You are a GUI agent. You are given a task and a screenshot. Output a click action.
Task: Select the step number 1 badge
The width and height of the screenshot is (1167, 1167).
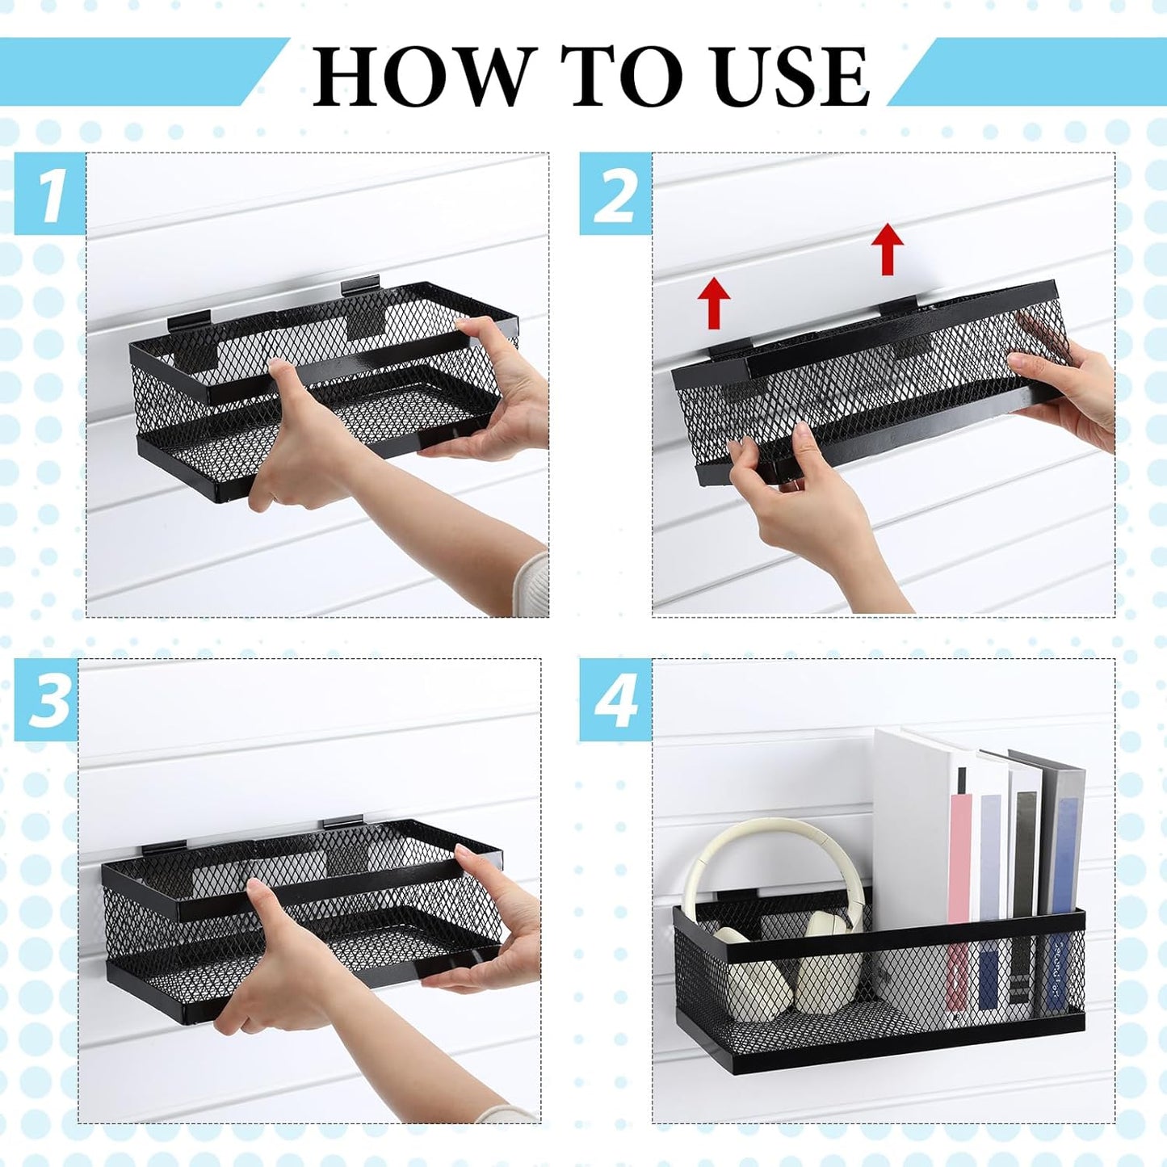point(49,194)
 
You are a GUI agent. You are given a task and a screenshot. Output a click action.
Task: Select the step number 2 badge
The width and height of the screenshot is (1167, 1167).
point(615,194)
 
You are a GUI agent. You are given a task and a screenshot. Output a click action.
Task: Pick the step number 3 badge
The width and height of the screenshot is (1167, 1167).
point(47,699)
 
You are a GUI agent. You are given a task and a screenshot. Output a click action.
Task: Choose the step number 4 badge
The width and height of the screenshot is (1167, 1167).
point(615,699)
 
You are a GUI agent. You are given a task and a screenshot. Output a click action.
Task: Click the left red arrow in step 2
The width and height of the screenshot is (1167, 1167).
point(715,303)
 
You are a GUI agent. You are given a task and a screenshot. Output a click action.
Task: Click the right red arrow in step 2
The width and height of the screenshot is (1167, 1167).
point(888,249)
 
